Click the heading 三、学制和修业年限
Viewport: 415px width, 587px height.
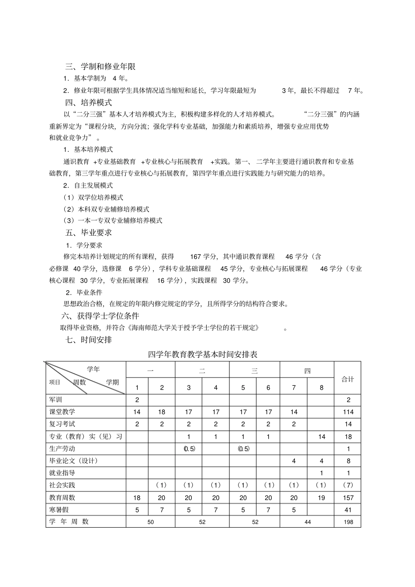(x=100, y=67)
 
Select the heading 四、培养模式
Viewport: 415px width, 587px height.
(x=89, y=103)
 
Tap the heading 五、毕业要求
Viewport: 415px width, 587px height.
(x=89, y=233)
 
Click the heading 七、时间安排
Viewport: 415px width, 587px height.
(x=89, y=339)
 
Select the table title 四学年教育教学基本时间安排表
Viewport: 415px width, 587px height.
(x=203, y=354)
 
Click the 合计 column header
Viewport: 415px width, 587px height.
(x=348, y=379)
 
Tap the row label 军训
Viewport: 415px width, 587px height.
(x=56, y=400)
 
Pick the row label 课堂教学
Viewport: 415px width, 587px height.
(x=62, y=412)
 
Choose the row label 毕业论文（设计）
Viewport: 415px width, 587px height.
(x=73, y=460)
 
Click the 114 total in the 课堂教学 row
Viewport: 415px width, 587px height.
(x=348, y=412)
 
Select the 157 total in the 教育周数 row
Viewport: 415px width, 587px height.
(x=348, y=498)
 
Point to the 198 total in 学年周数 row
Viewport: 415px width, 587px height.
(x=348, y=522)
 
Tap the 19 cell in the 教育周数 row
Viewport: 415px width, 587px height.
(x=322, y=498)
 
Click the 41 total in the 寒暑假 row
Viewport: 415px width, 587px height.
(x=348, y=510)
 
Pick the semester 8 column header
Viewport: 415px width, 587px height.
(x=322, y=388)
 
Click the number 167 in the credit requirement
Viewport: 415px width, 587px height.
(x=195, y=257)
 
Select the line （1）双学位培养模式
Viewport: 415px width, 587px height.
(x=93, y=197)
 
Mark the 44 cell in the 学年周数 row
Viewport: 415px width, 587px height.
(x=308, y=522)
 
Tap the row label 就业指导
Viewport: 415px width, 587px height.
(x=62, y=473)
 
